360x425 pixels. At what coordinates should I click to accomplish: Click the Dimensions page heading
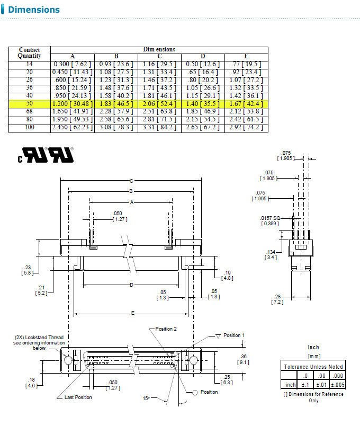point(34,10)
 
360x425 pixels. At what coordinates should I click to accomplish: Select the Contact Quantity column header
point(29,53)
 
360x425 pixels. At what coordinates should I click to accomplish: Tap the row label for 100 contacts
point(29,128)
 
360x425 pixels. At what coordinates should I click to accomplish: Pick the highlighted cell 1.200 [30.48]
point(72,104)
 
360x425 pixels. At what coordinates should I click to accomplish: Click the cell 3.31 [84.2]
point(159,128)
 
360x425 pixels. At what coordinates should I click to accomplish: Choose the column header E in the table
point(246,57)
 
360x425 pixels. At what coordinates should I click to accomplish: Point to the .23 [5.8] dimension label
point(28,270)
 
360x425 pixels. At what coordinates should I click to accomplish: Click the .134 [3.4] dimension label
point(272,254)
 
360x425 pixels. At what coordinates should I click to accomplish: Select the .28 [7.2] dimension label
point(277,299)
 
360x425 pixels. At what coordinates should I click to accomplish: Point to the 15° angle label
point(147,397)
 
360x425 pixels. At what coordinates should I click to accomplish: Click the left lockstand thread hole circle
point(69,360)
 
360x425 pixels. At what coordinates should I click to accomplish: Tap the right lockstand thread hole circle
point(193,360)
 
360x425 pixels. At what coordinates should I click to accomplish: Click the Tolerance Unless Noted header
point(313,366)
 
